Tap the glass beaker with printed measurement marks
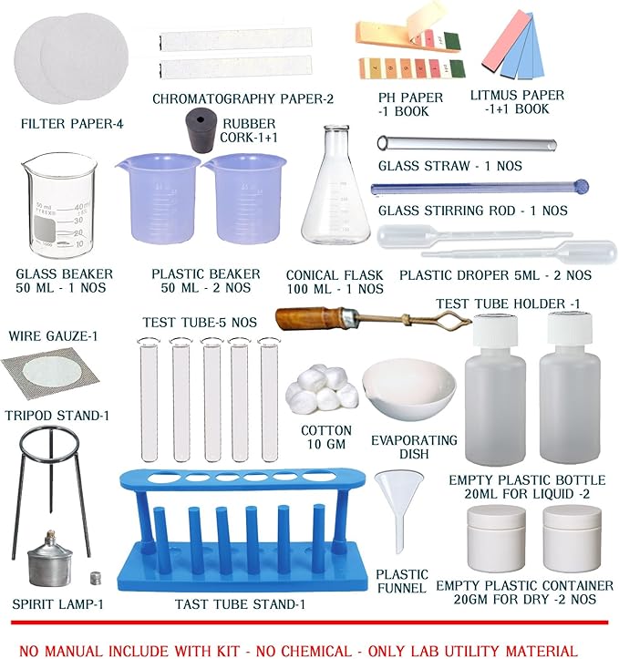[59, 206]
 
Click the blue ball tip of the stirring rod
[582, 186]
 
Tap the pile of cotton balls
[322, 386]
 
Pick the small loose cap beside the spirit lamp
[97, 578]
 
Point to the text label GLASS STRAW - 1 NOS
[450, 166]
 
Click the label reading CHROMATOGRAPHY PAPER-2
[242, 99]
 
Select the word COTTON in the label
[326, 430]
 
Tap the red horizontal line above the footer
[309, 622]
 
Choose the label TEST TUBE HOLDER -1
[508, 304]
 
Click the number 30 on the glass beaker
[78, 221]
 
